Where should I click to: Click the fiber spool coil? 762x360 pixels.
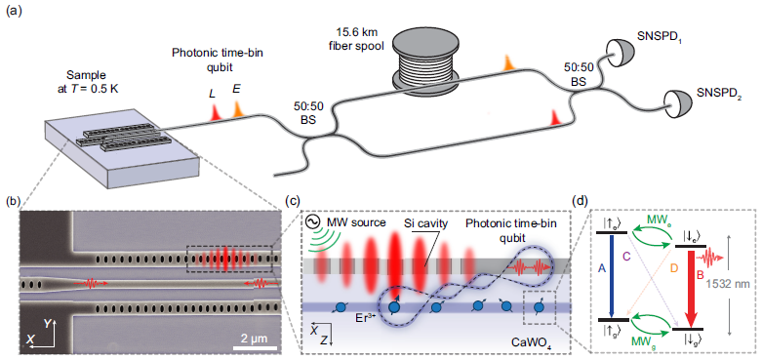point(429,68)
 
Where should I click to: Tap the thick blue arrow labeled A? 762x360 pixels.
point(608,274)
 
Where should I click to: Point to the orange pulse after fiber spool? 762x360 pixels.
point(507,62)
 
